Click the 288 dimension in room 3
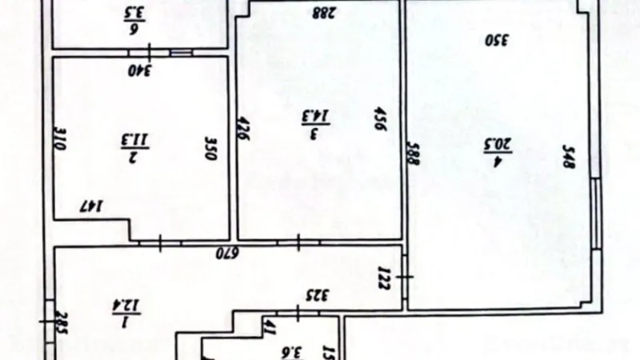(322, 11)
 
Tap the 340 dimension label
(142, 70)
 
